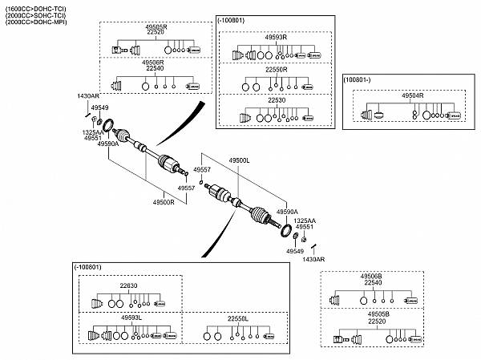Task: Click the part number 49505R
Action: point(156,26)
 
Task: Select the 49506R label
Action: point(153,62)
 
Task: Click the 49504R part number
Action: point(412,95)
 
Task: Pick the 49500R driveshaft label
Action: point(164,202)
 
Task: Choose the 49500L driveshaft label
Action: point(240,160)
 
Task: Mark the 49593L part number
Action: point(131,318)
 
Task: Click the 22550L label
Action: point(238,318)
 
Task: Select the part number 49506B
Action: point(372,276)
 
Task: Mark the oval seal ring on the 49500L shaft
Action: point(284,232)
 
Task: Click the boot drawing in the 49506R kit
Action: point(119,85)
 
